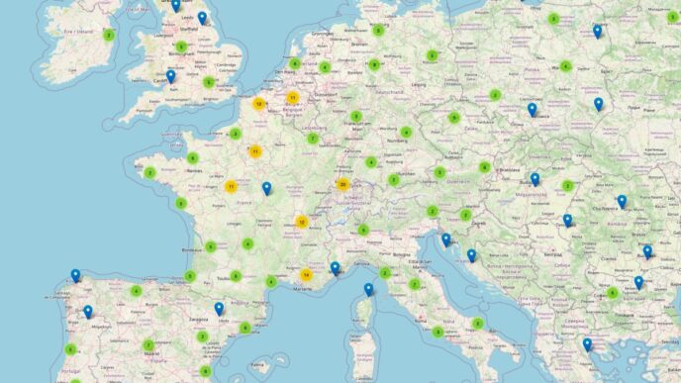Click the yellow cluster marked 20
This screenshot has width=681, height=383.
(342, 184)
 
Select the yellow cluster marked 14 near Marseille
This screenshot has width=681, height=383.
(307, 274)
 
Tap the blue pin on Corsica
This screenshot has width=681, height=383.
(368, 289)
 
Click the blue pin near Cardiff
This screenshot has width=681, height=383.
(170, 76)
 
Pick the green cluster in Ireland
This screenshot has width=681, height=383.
(109, 35)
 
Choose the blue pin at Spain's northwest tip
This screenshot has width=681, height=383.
(75, 276)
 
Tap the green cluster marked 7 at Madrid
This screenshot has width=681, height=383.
(148, 345)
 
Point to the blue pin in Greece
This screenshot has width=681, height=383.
(587, 344)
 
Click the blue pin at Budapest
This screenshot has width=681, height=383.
(535, 179)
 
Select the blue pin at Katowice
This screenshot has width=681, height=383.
(532, 110)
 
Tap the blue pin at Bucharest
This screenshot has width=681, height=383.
(647, 251)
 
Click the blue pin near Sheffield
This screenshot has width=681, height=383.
(202, 18)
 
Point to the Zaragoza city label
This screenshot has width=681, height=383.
(198, 320)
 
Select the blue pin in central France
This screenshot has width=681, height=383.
(266, 188)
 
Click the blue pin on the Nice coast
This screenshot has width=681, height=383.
(335, 267)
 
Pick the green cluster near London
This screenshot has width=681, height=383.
(210, 82)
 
